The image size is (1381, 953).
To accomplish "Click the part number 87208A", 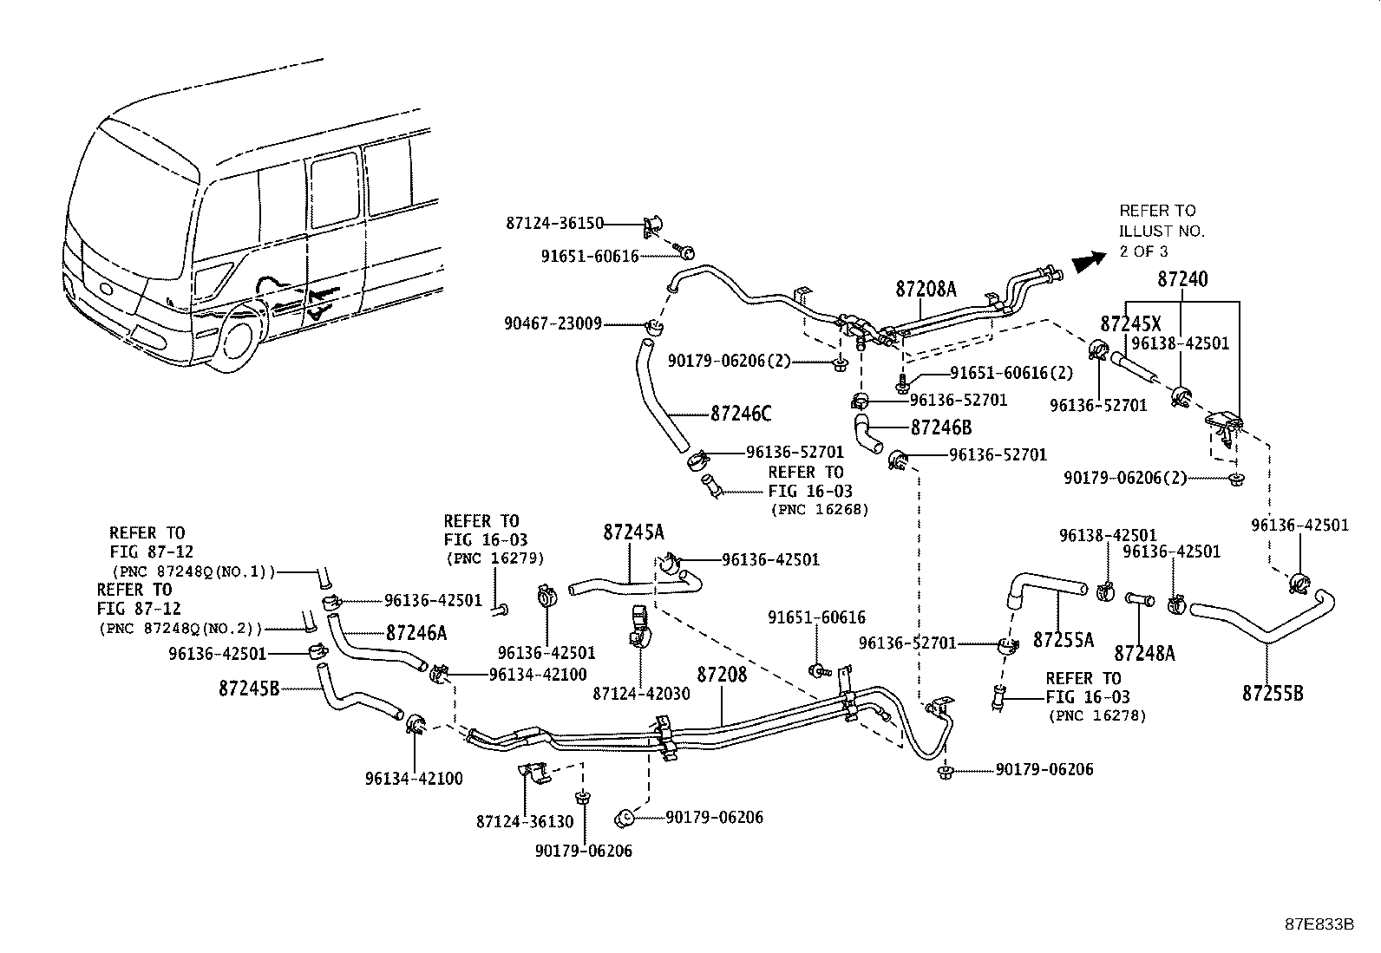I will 926,290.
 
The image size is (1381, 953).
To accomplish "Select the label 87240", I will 1182,279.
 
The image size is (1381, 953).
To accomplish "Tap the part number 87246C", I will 741,414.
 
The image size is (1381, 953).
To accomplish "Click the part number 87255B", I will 1273,693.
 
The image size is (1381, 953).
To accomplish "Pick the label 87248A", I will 1145,653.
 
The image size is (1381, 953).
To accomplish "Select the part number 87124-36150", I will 554,224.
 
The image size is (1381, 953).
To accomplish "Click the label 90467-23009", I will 553,324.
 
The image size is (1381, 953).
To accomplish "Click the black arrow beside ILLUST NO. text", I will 1089,260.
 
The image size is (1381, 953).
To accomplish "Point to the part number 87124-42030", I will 642,694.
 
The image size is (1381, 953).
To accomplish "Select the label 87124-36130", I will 525,820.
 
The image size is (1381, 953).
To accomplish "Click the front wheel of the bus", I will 237,342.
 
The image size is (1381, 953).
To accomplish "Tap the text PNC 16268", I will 819,510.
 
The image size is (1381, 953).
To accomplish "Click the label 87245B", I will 249,689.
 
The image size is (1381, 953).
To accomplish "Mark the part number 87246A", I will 416,634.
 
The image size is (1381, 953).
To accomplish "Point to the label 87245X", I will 1130,324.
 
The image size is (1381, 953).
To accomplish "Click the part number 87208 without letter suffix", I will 722,674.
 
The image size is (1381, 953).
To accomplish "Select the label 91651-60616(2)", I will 1011,373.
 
